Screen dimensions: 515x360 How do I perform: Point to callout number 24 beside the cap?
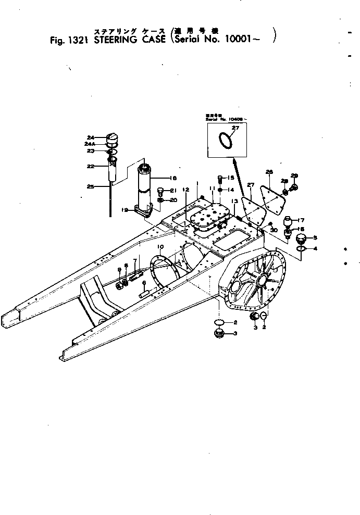(x=91, y=137)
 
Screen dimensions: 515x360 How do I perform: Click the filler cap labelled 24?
(x=113, y=139)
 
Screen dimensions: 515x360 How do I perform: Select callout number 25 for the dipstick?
(x=91, y=186)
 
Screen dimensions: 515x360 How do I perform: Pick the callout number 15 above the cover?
(x=231, y=178)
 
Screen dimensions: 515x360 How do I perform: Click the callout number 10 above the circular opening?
(x=160, y=246)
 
